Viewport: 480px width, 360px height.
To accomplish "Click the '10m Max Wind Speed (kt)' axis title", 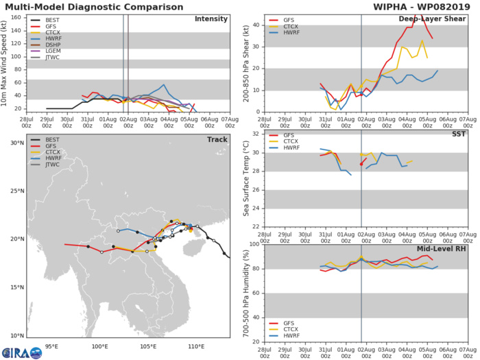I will tap(6, 63).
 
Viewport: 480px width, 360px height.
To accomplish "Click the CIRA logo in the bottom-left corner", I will tap(21, 352).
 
